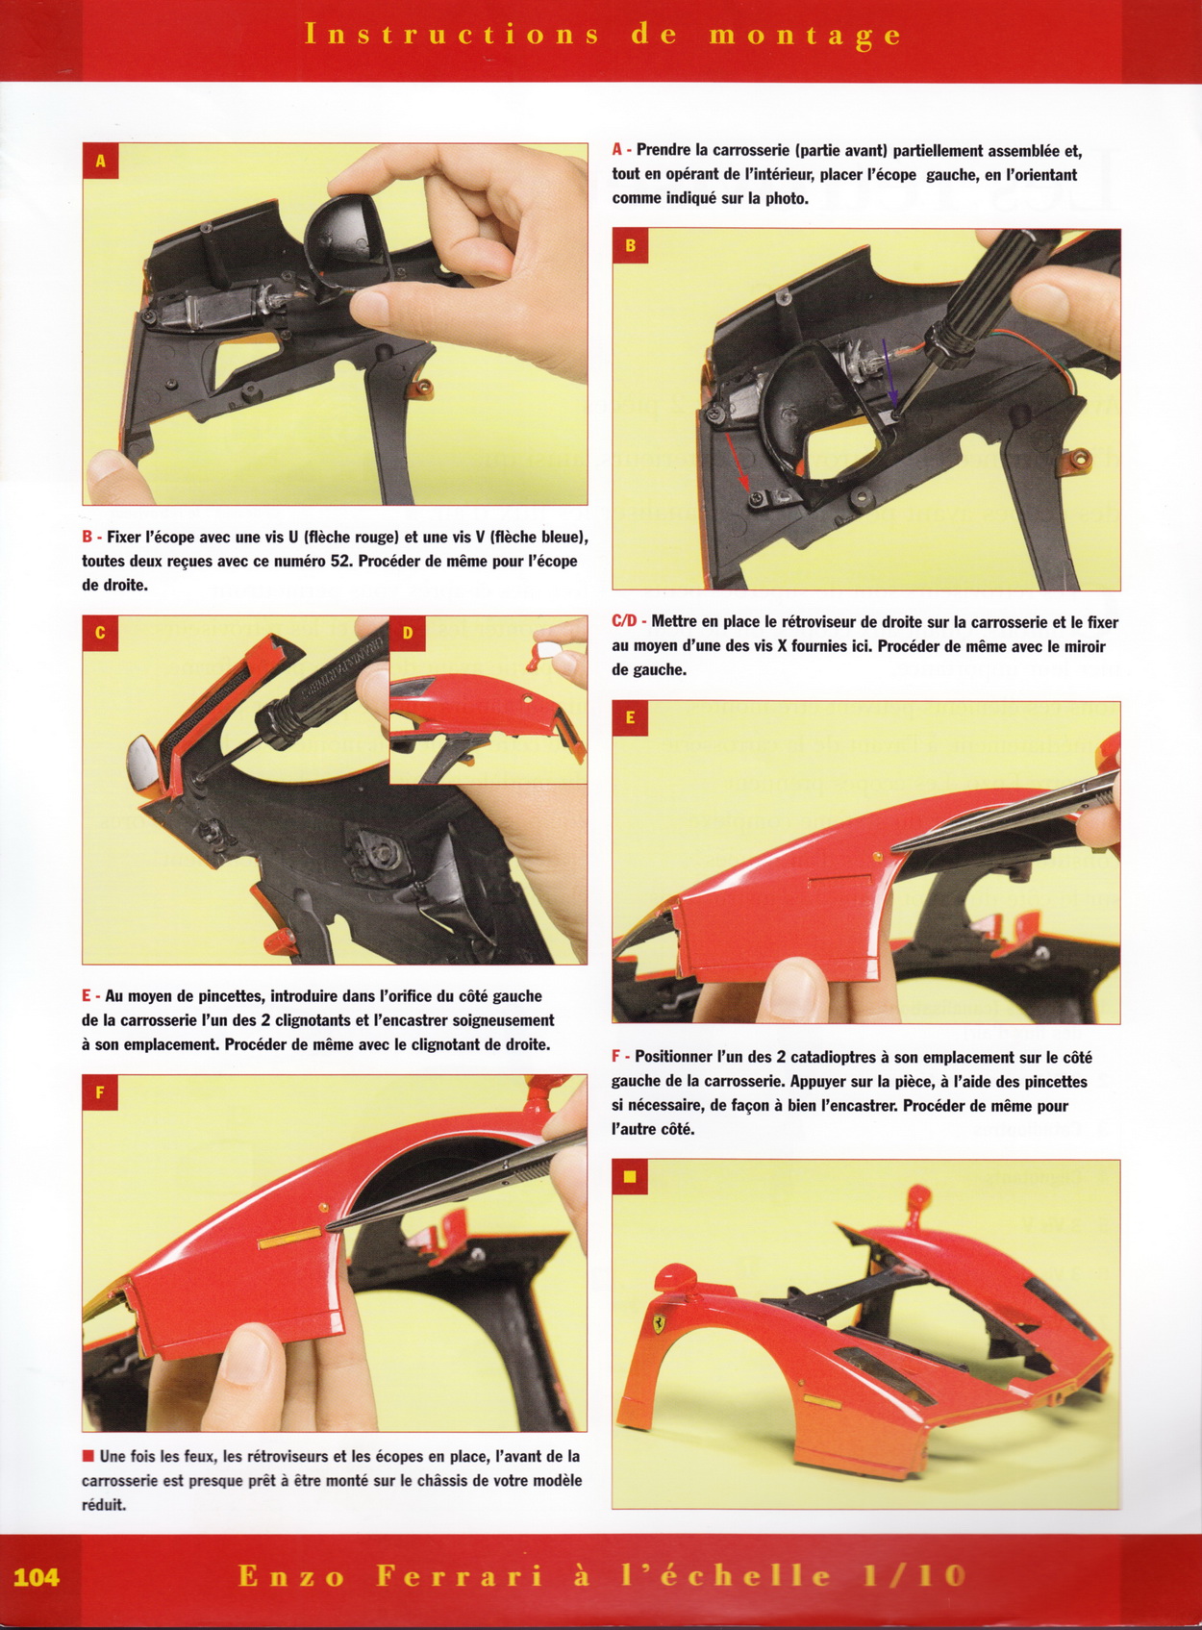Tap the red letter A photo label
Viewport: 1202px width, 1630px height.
click(x=100, y=161)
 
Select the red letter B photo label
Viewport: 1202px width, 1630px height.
click(x=630, y=246)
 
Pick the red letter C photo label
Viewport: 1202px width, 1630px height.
click(x=100, y=633)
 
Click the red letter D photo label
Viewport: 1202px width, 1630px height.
click(x=408, y=633)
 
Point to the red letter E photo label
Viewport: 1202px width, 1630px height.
click(x=630, y=718)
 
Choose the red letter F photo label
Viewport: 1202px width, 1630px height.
click(x=100, y=1092)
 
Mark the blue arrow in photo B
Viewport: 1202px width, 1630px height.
click(x=889, y=372)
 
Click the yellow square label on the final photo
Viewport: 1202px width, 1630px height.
click(x=630, y=1177)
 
